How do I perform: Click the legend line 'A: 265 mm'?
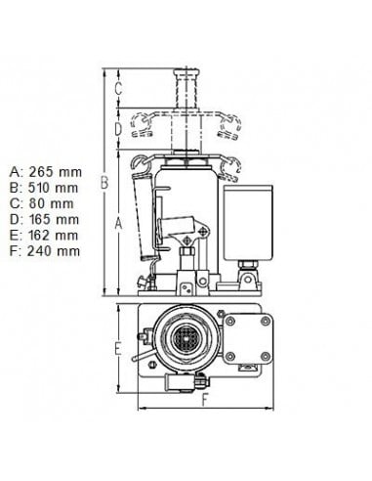pos(46,171)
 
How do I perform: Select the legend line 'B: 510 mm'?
pos(44,188)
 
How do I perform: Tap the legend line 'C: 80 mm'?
pos(42,203)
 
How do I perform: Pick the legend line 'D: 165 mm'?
pos(44,219)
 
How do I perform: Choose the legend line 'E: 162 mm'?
pos(44,235)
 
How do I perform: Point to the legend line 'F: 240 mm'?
pos(45,251)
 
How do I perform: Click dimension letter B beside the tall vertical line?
pos(103,183)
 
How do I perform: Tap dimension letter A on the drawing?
pos(119,224)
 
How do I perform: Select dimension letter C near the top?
pos(118,88)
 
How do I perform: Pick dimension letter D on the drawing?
pos(118,129)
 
